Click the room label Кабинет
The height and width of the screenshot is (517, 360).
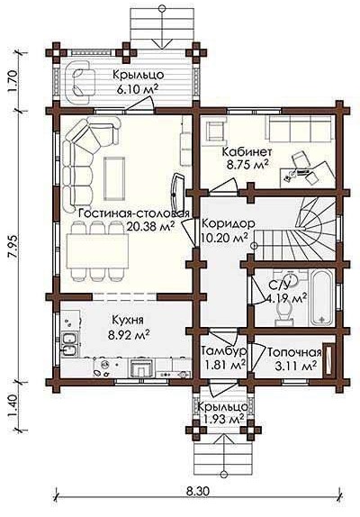click(247, 152)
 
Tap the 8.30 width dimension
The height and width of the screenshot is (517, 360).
click(198, 491)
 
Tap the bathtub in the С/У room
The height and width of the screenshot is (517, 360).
click(321, 298)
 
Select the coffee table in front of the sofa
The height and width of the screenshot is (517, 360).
click(114, 178)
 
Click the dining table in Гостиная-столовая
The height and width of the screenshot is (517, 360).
click(97, 251)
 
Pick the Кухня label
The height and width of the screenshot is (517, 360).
click(128, 320)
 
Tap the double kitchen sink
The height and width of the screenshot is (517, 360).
click(70, 344)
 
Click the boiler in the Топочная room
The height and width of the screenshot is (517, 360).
click(328, 359)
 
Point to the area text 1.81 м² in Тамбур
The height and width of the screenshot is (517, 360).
click(225, 366)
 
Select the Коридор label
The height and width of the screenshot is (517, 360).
click(228, 223)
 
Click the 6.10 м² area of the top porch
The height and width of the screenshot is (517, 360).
click(137, 88)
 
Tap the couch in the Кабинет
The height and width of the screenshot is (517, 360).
click(299, 130)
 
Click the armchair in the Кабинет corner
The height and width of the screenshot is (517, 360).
click(215, 131)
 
